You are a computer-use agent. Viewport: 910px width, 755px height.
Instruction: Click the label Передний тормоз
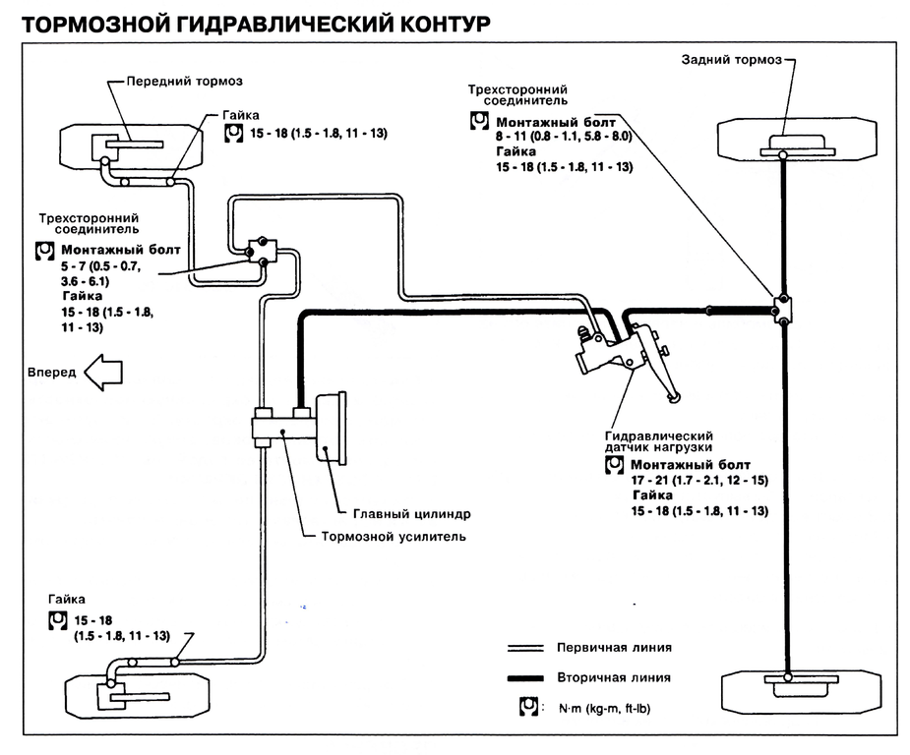(184, 81)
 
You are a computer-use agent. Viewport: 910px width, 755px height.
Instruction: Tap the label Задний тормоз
(731, 60)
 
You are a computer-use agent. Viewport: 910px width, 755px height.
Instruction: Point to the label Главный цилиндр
(412, 513)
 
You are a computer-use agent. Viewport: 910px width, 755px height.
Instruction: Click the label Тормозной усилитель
(394, 537)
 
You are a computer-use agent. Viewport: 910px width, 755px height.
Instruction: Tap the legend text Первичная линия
(614, 648)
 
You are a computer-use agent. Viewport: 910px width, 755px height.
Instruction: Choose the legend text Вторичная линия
(614, 677)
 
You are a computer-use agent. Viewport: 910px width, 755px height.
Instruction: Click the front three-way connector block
(263, 252)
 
